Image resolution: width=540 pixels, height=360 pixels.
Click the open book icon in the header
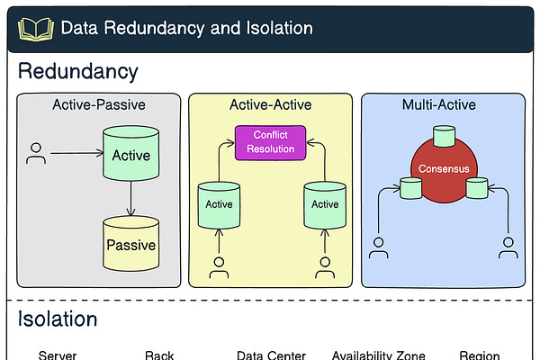click(37, 28)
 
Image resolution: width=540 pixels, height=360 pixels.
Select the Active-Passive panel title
click(99, 105)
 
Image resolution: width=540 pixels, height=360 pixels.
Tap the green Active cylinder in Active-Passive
click(131, 155)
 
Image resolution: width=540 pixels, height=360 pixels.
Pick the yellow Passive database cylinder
click(131, 243)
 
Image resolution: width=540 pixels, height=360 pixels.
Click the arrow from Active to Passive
click(131, 198)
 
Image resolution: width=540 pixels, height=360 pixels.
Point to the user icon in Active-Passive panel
click(36, 153)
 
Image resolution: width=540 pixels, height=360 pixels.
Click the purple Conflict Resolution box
click(270, 142)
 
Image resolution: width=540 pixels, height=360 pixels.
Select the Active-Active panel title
click(270, 105)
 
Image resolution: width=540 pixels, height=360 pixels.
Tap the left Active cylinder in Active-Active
click(219, 203)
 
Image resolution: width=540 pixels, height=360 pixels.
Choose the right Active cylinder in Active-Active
click(325, 203)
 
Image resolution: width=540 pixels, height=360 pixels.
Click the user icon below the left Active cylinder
click(219, 266)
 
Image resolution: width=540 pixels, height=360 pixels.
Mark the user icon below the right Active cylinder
click(325, 266)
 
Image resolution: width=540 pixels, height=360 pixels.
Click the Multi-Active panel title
click(439, 105)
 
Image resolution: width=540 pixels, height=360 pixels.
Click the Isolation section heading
click(58, 319)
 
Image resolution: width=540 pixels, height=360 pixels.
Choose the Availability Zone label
click(379, 355)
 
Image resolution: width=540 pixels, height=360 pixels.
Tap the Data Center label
click(271, 355)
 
